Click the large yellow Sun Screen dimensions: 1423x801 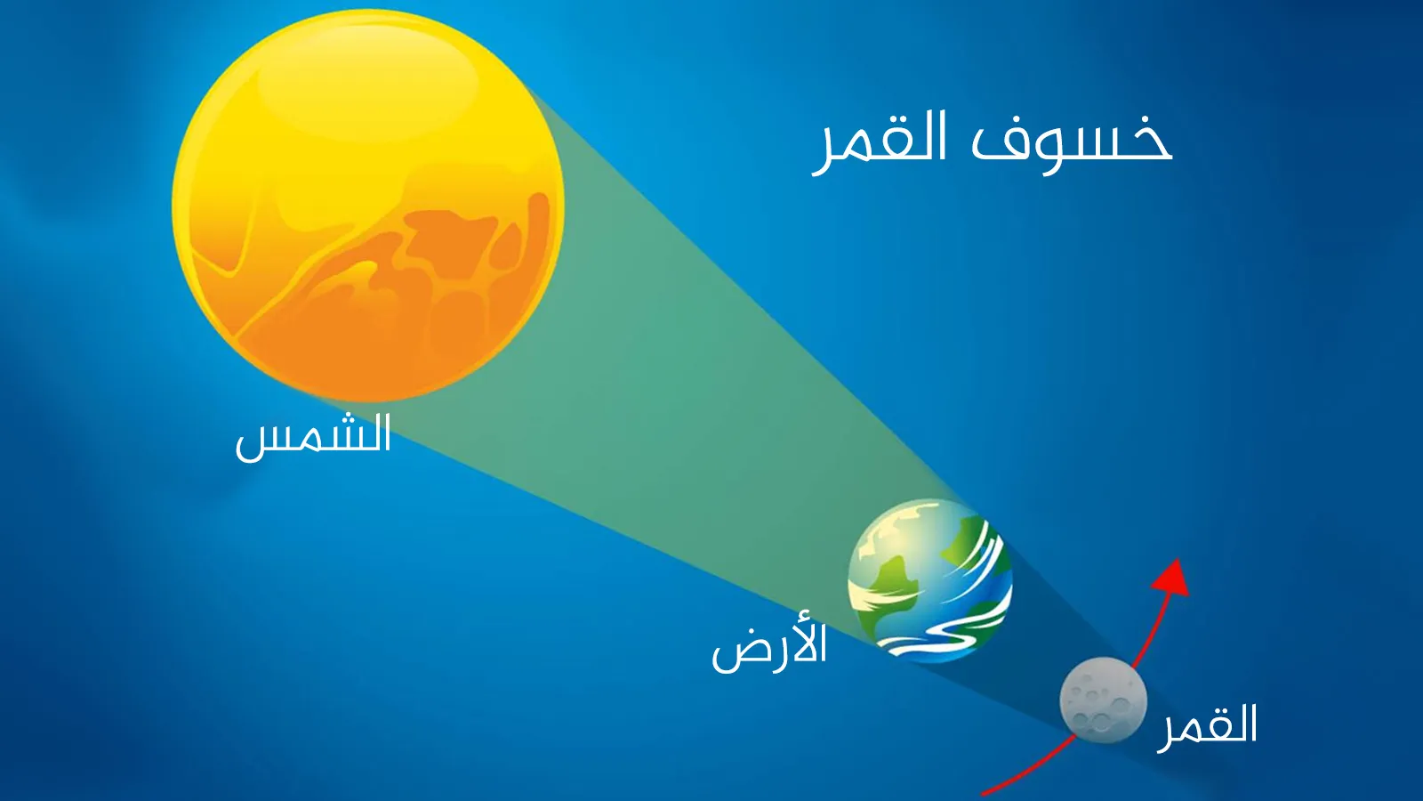(x=368, y=206)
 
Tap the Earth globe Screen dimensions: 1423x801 (x=930, y=581)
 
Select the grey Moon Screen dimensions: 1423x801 (x=1104, y=700)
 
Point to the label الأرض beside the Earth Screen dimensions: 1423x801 (x=769, y=646)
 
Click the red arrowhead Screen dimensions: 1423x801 (x=1173, y=578)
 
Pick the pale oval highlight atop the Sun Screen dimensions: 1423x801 (x=368, y=89)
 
